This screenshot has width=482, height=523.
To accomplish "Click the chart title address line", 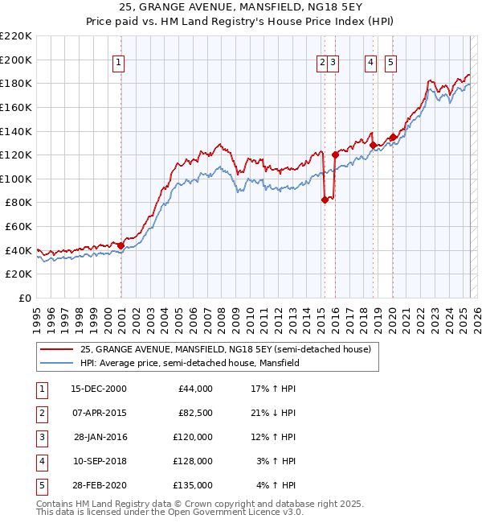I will tap(240, 8).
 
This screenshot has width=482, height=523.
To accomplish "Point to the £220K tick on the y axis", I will tap(16, 36).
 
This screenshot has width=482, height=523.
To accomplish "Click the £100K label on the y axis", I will tap(16, 179).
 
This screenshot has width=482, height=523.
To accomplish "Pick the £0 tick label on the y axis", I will tap(24, 299).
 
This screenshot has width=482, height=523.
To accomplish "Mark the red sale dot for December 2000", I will tap(120, 245).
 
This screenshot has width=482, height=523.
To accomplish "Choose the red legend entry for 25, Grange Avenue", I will tap(225, 349).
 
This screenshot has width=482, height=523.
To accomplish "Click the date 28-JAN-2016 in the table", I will tap(100, 437).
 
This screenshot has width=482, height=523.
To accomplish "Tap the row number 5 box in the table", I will tap(41, 485).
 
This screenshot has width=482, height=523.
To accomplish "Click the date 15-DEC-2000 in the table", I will tap(99, 389).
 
